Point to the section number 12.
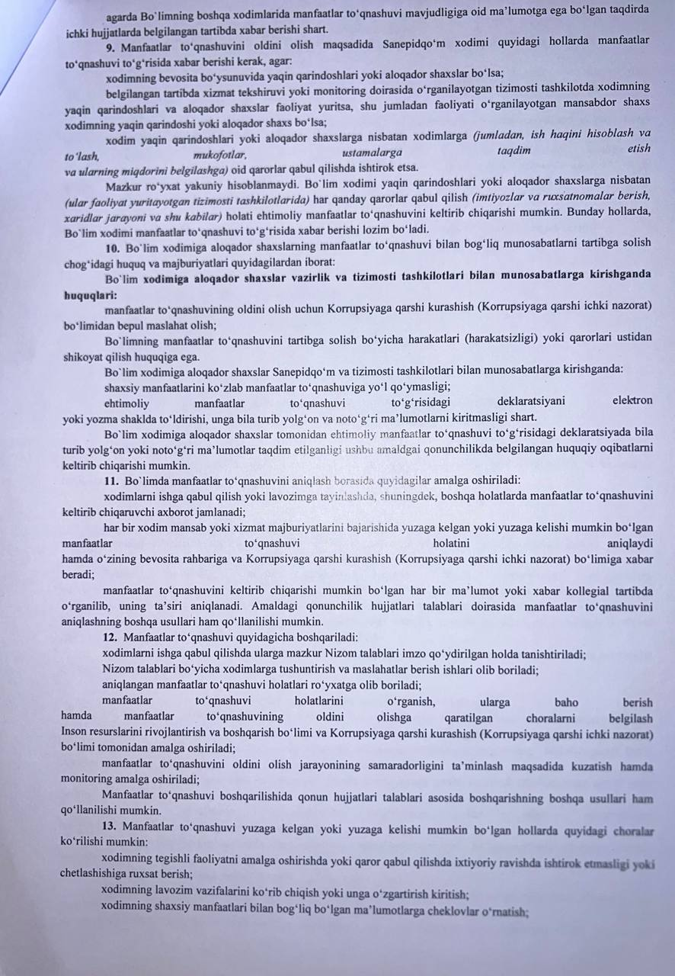pos(110,637)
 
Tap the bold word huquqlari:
pos(90,294)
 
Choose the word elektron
pos(632,400)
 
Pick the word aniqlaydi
pos(629,544)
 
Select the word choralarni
pos(553,718)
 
